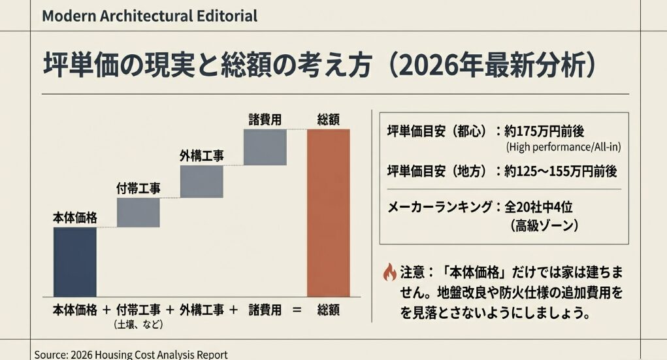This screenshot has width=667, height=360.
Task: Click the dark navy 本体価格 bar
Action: pos(74,261)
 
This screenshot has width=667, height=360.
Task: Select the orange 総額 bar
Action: pos(328,212)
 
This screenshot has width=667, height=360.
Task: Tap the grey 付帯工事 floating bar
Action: pos(138,212)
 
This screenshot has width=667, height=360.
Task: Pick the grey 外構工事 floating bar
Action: pos(201,181)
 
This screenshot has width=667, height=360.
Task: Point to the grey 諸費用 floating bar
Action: pos(265,147)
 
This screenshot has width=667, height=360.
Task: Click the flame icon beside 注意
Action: pos(389,270)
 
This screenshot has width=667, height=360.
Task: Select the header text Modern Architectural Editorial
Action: pos(149,16)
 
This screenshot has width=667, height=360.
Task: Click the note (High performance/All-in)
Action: pos(562,147)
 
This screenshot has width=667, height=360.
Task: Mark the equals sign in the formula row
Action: pos(297,310)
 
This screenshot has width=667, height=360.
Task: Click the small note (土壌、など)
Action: pos(138,325)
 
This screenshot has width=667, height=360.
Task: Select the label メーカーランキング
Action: pos(440,207)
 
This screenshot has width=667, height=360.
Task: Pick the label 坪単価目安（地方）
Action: pos(438,171)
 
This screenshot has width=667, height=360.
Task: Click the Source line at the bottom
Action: pos(131,354)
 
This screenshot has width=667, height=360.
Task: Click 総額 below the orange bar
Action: pos(328,310)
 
